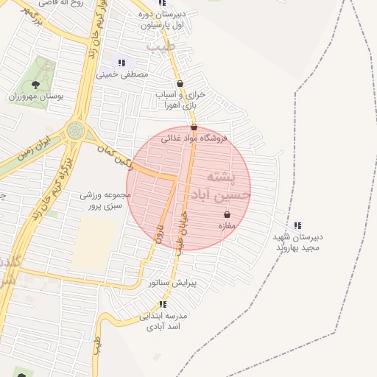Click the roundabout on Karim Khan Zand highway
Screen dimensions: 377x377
click(75, 130)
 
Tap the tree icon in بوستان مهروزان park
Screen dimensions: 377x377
click(36, 85)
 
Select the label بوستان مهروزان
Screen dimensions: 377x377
click(37, 96)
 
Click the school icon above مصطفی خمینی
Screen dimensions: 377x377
click(121, 63)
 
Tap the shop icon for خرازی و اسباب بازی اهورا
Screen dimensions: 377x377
click(180, 84)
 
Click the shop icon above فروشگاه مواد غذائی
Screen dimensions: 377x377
click(194, 127)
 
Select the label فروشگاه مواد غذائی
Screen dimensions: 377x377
click(195, 138)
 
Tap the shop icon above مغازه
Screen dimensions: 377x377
click(227, 215)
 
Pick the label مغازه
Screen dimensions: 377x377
click(227, 226)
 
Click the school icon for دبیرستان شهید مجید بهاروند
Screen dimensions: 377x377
click(297, 225)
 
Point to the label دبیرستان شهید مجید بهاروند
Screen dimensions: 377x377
click(298, 242)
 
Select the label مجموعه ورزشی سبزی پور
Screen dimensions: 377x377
click(105, 200)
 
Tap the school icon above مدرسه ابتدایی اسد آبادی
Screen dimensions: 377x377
click(163, 304)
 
